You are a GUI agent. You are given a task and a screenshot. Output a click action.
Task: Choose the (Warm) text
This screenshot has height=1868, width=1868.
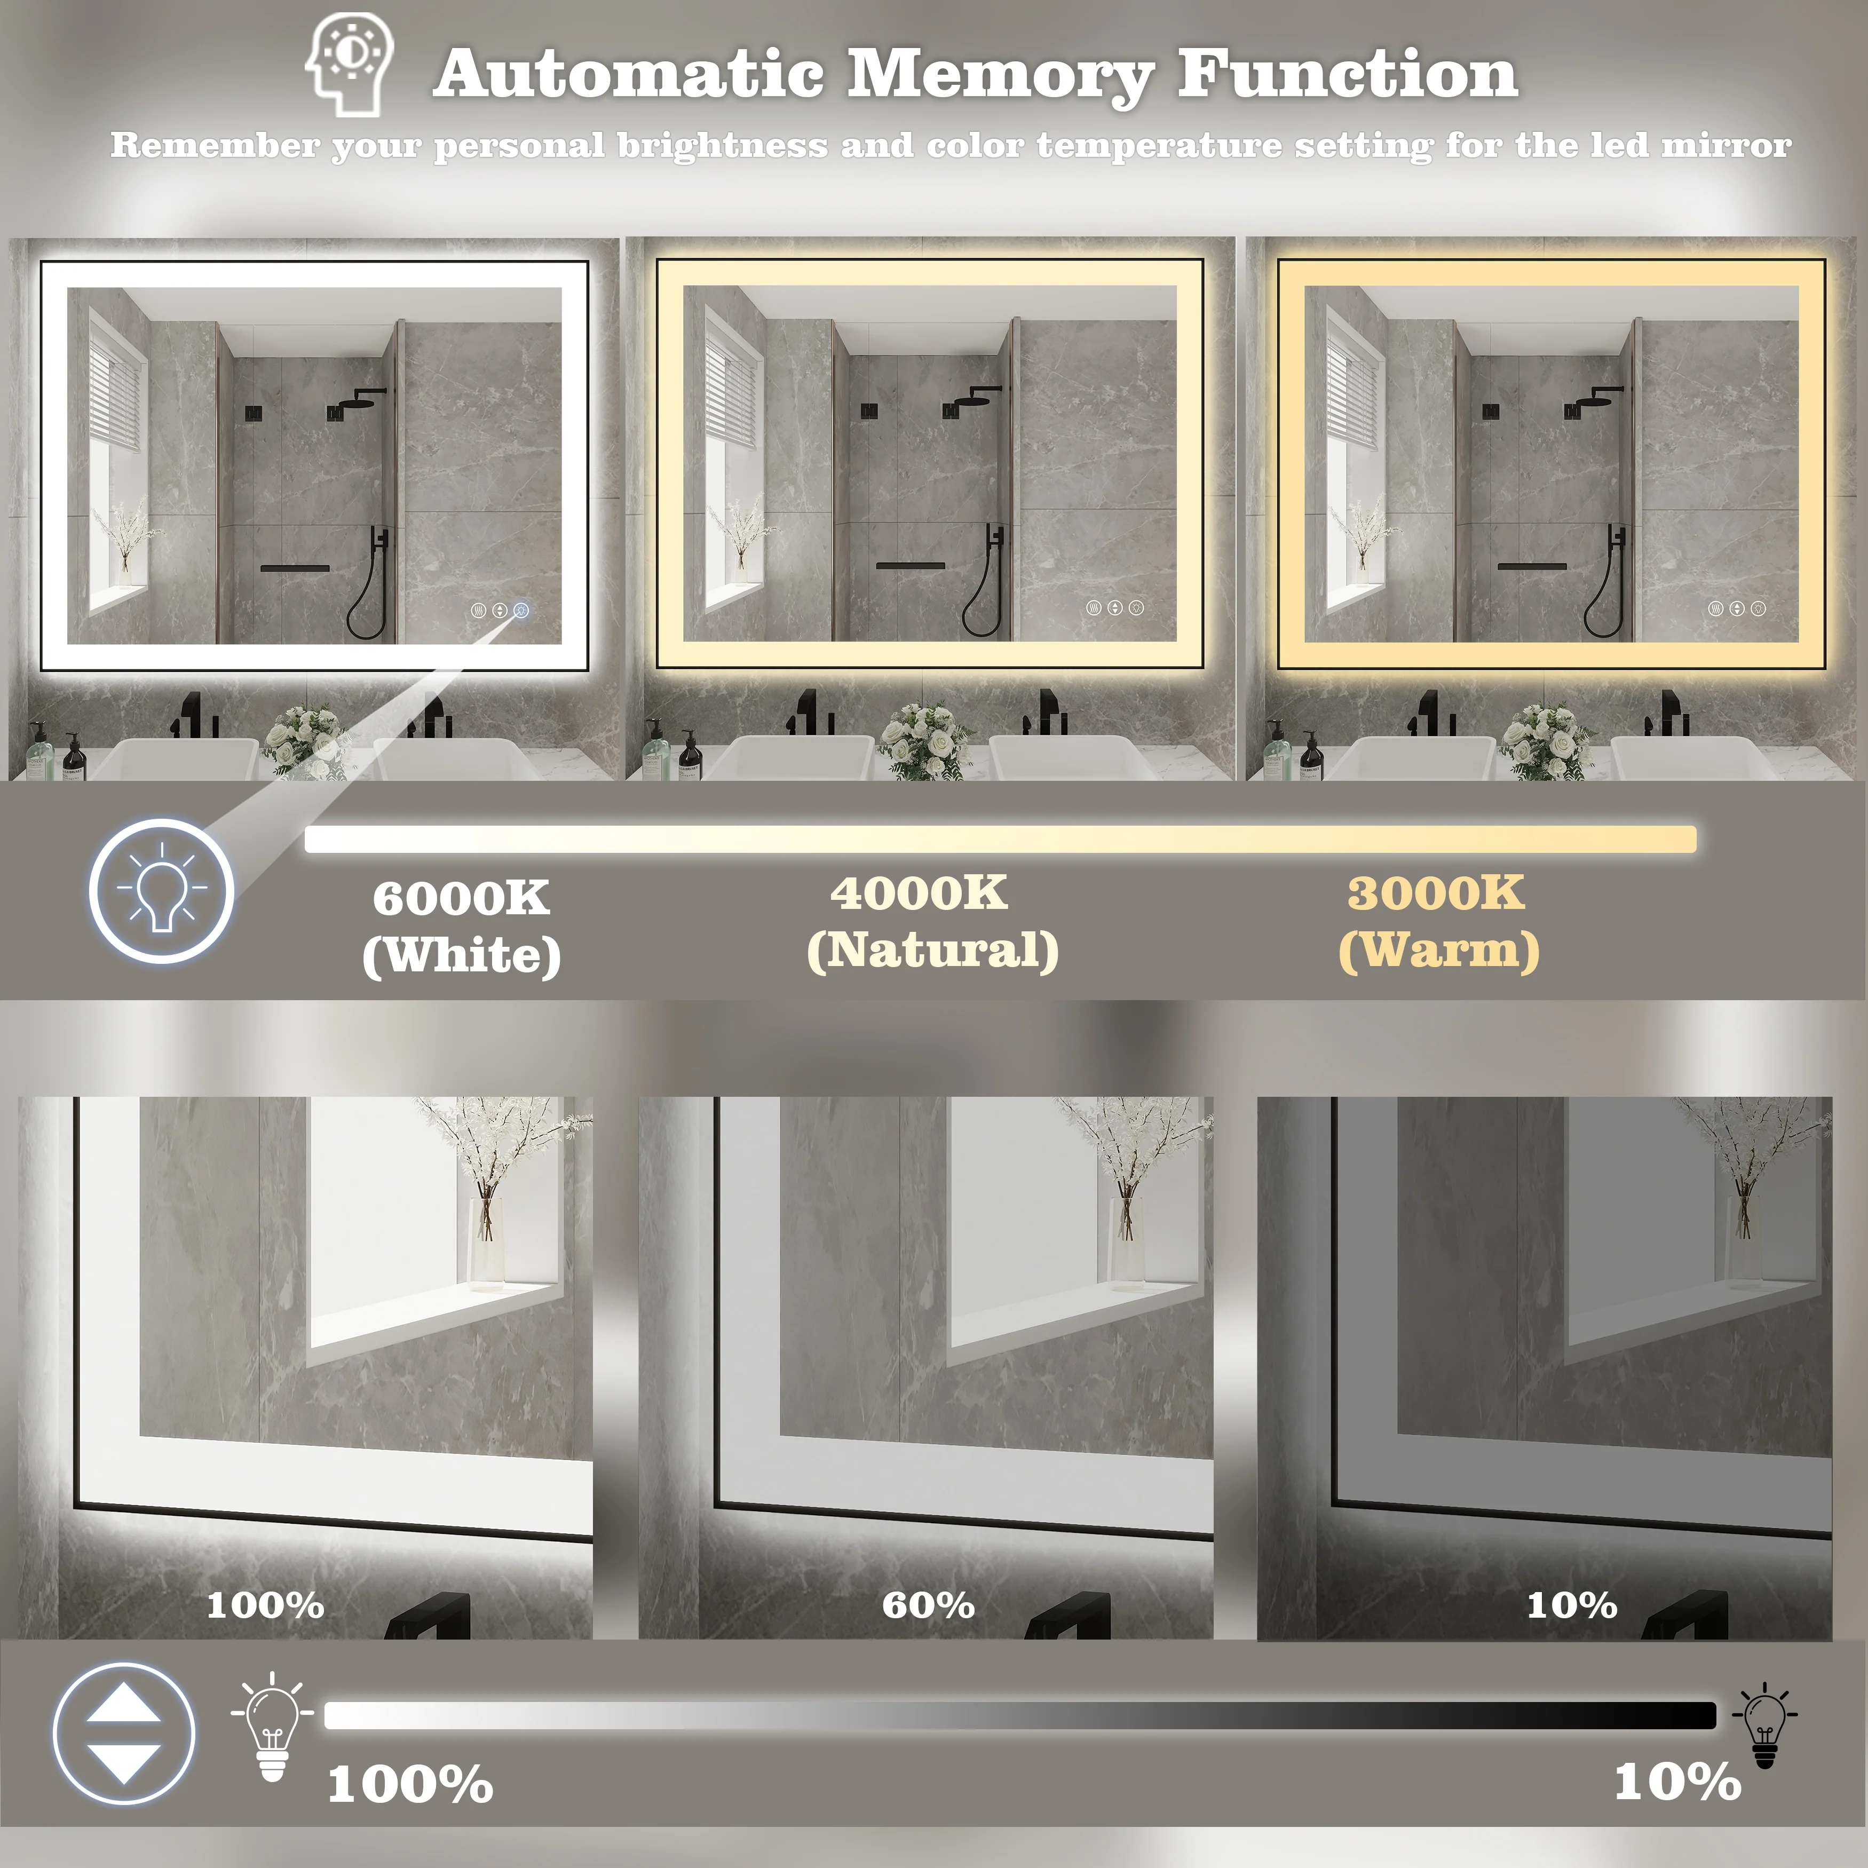click(1439, 951)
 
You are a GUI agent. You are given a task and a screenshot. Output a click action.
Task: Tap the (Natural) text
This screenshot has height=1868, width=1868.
click(932, 951)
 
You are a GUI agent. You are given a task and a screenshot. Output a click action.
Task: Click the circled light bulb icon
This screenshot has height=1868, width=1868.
click(162, 890)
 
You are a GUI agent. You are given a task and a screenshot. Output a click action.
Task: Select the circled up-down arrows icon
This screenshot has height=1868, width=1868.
click(124, 1734)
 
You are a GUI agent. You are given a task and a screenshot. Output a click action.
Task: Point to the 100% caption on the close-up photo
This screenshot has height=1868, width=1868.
click(265, 1605)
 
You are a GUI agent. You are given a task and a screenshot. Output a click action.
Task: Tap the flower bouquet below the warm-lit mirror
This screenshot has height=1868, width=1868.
click(1544, 740)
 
